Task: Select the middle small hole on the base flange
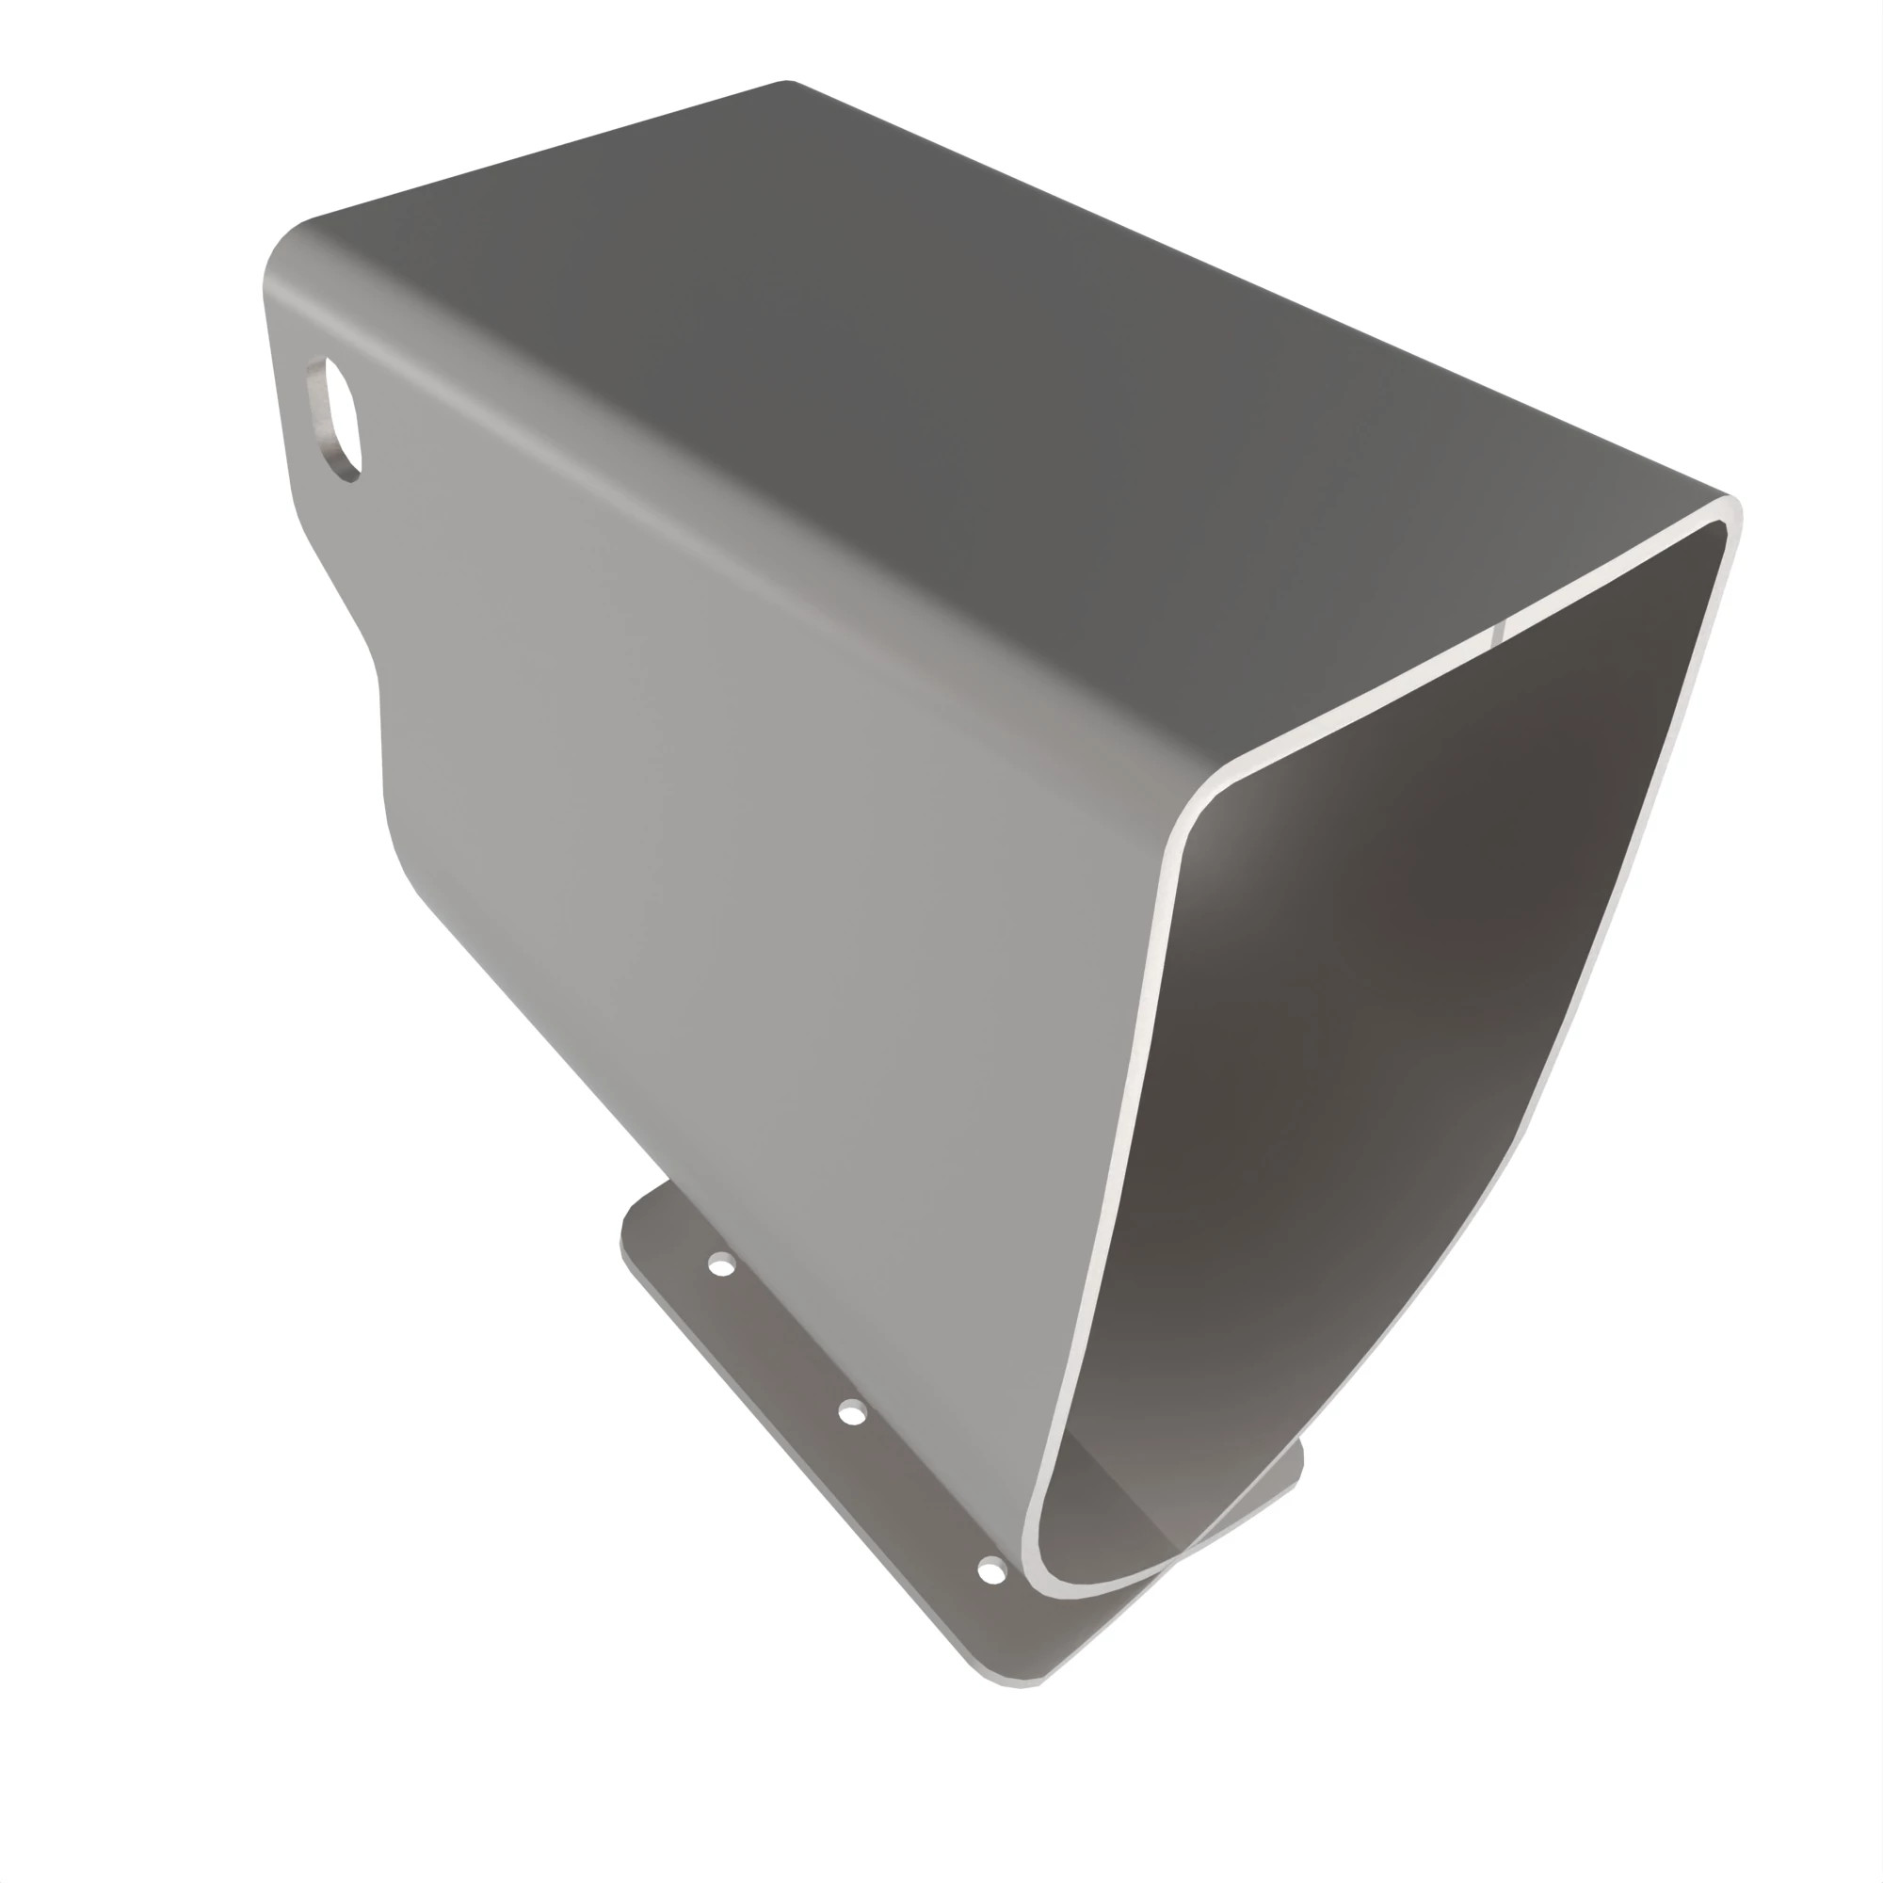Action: [852, 1411]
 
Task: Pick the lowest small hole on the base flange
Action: [991, 1570]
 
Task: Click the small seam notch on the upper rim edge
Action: [1497, 632]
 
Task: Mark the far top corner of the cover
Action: [787, 82]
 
